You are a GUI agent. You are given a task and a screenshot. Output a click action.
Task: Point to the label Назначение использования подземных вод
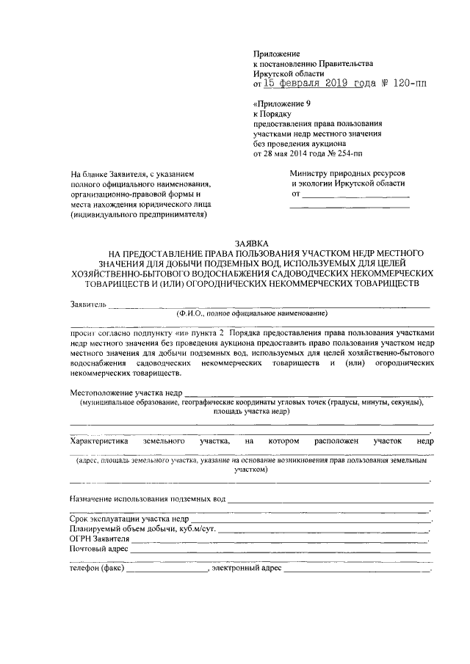tap(147, 499)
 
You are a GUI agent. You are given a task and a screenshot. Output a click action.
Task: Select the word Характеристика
tap(99, 442)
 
